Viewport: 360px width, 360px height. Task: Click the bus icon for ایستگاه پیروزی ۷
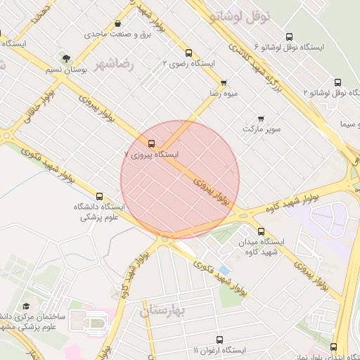(152, 143)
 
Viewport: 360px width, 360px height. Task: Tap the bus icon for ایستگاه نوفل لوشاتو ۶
(290, 37)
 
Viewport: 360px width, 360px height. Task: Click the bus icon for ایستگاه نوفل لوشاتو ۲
(337, 82)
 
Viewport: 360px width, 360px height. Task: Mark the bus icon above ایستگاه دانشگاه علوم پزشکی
(98, 196)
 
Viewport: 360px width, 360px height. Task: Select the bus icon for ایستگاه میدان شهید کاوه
(261, 231)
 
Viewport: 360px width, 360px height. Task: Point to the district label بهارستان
(162, 309)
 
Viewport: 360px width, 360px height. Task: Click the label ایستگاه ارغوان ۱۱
(219, 349)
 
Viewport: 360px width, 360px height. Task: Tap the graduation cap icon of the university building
(26, 307)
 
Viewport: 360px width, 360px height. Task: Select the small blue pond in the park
(224, 271)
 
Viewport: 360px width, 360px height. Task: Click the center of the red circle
(180, 180)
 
